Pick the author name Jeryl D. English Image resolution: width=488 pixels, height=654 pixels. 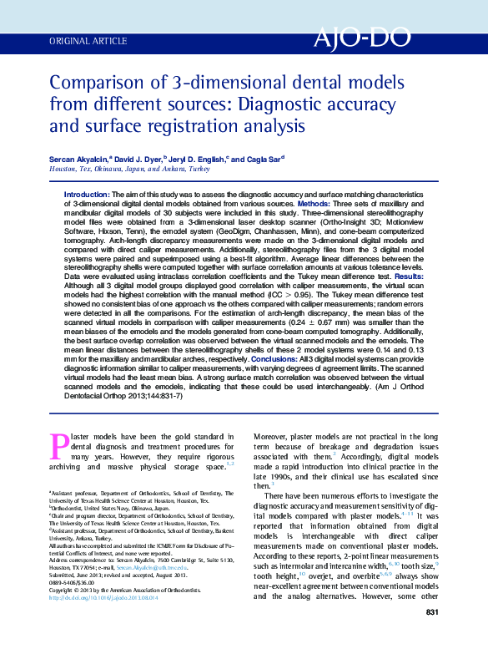(198, 159)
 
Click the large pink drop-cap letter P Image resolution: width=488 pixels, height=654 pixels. (59, 446)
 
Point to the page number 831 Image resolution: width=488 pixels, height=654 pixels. (432, 636)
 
